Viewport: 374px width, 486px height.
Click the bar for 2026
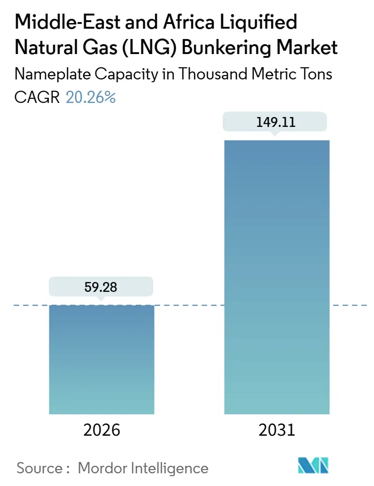coord(101,360)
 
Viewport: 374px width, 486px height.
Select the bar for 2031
coord(277,277)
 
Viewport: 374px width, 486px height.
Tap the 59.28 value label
coord(101,287)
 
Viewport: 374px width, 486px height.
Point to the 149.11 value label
coord(276,122)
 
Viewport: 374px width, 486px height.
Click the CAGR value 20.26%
coord(90,97)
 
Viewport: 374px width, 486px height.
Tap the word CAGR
coord(37,97)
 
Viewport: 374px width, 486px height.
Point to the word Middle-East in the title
coord(59,22)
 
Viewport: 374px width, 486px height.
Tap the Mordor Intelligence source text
coord(143,468)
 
